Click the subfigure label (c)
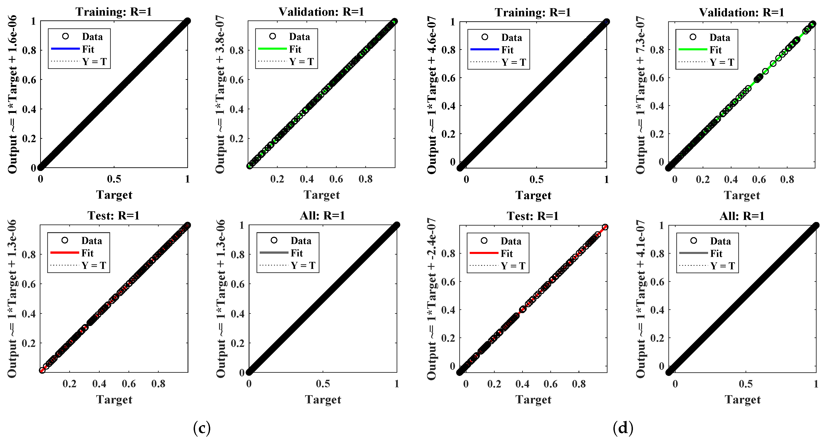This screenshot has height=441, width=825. (x=202, y=428)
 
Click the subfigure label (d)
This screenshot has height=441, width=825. (x=623, y=428)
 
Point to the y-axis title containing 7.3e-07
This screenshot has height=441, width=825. (x=640, y=95)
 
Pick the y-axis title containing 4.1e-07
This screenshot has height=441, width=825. (x=640, y=299)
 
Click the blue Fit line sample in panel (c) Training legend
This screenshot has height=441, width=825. (x=65, y=49)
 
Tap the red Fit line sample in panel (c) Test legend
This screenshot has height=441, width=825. (x=65, y=253)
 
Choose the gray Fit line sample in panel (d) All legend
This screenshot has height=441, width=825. (x=693, y=253)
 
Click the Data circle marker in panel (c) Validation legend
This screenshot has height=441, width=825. (x=273, y=36)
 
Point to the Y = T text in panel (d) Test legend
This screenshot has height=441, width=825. (x=513, y=266)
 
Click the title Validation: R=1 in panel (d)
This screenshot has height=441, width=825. (x=742, y=12)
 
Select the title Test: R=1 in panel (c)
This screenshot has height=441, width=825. (x=114, y=216)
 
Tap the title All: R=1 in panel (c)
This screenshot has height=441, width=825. (x=323, y=216)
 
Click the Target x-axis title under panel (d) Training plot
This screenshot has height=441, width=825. (x=533, y=195)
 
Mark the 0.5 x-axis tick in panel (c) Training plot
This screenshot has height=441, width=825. (x=114, y=179)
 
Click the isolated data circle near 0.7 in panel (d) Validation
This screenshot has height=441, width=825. (x=773, y=63)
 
